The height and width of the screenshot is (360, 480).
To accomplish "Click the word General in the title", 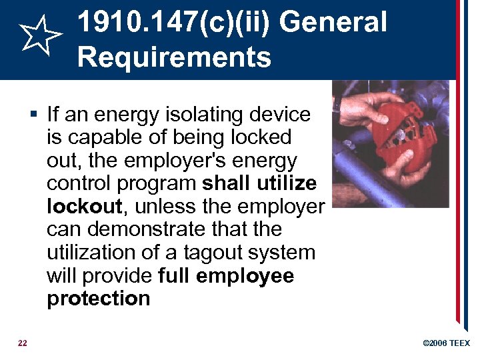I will point(333,23).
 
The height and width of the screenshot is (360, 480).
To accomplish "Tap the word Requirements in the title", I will point(174,57).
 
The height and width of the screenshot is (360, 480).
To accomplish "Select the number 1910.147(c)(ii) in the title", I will point(175,23).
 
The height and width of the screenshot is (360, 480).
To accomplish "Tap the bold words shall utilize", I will point(259,183).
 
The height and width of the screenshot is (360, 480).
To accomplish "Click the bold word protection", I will point(99,298).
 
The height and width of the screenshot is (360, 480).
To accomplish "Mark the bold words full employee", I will point(227,275).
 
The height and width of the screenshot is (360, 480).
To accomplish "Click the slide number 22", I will point(23,343).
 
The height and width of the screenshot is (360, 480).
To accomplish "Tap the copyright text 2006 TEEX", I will point(447,343).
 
